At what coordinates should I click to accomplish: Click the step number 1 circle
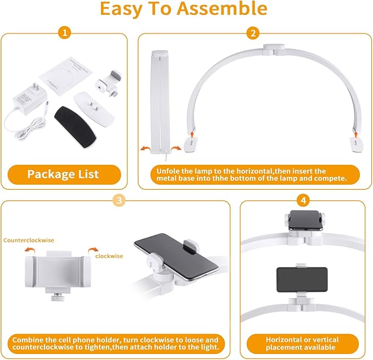coord(65,32)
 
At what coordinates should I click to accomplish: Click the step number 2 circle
coord(253,33)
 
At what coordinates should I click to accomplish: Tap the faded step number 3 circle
coord(119,200)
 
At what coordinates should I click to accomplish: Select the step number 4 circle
coord(303,200)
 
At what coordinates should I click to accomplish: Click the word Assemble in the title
coord(222,8)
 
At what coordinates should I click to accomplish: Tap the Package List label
coord(63,174)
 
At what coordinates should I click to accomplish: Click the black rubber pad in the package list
coord(75,127)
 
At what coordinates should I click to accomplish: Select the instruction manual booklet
coord(66,76)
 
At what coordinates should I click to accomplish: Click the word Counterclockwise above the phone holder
coord(29,240)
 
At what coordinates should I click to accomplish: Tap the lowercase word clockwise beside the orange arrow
coord(109,256)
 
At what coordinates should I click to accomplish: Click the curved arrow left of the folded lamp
coord(146,149)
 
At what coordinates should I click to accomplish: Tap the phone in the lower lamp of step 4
coord(302,280)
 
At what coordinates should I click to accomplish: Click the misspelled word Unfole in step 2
coord(168,171)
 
